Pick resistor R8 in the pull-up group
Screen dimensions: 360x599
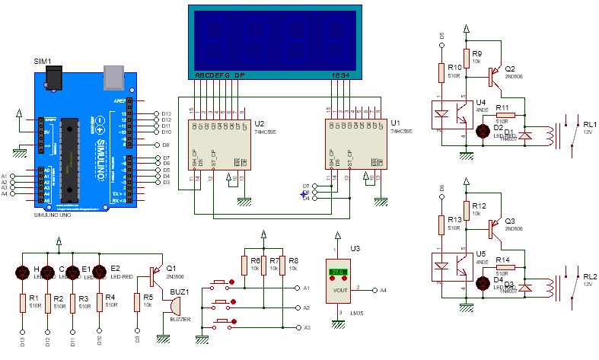point(282,266)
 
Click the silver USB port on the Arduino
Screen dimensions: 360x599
point(114,74)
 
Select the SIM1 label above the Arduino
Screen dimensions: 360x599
point(43,61)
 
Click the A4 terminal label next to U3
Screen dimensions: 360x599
point(384,290)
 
